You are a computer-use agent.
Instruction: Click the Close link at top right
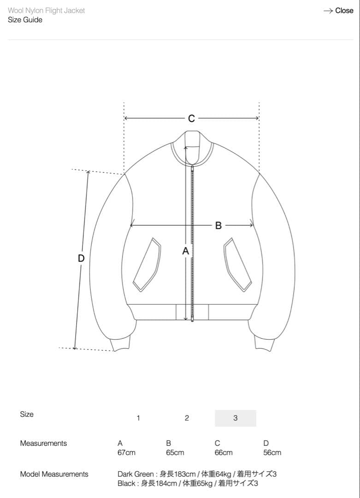tap(338, 11)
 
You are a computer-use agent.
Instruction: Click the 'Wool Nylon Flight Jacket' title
tap(47, 11)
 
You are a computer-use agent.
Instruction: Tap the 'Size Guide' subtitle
tap(25, 20)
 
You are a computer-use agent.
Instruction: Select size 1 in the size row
tap(138, 418)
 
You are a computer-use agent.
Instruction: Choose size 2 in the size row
tap(187, 418)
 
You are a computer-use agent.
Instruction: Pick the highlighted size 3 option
tap(235, 418)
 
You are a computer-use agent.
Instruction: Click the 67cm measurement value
tap(126, 453)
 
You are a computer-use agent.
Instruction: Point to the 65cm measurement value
tap(175, 453)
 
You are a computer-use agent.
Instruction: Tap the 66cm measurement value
tap(224, 453)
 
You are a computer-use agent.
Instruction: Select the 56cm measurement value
tap(272, 453)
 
